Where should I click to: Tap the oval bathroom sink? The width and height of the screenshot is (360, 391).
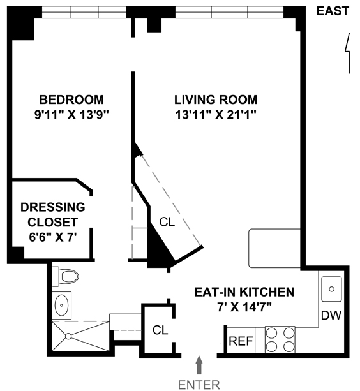click(61, 306)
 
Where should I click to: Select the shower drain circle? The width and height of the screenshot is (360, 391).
click(68, 336)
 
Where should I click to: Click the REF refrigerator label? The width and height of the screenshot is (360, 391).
click(241, 341)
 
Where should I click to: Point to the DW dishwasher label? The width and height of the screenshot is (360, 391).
click(331, 316)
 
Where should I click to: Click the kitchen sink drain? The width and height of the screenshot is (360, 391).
click(331, 289)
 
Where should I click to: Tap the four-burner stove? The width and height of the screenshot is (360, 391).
click(280, 339)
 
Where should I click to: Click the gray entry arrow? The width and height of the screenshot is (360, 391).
click(199, 365)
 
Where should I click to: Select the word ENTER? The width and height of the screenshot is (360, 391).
click(199, 385)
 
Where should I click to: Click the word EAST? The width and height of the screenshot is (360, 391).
click(333, 11)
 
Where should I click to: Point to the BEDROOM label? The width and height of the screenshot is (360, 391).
click(71, 100)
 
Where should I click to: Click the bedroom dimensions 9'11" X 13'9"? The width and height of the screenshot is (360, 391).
click(71, 115)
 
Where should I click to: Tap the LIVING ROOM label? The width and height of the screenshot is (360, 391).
click(216, 100)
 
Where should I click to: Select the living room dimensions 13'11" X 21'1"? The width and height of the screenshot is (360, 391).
click(216, 115)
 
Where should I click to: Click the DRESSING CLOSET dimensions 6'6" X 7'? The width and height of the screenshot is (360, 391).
click(52, 237)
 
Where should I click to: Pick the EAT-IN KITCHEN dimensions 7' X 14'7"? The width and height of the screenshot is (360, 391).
click(244, 307)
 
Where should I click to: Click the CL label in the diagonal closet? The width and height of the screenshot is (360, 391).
click(167, 222)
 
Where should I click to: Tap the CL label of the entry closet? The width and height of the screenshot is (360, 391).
click(160, 330)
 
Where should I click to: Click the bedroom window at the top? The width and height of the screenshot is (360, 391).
click(84, 12)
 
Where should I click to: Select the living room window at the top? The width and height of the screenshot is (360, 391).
click(230, 12)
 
